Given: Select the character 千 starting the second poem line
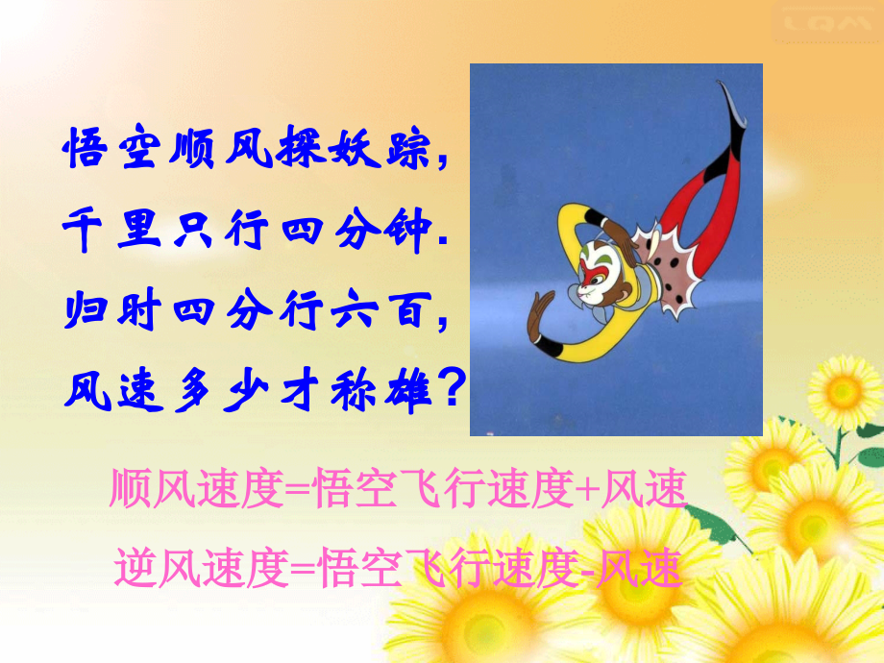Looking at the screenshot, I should pos(85,232).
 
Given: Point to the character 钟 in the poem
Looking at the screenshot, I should pos(406,232).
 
